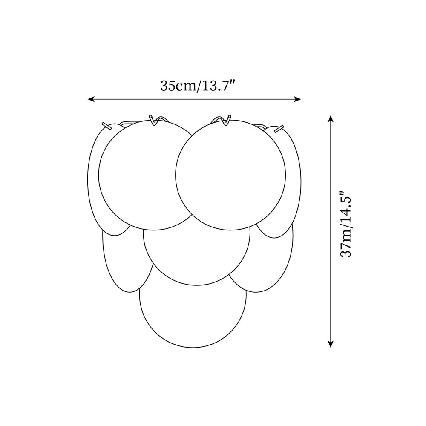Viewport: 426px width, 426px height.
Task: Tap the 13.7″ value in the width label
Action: (217, 86)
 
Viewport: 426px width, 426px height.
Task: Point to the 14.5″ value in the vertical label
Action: (346, 207)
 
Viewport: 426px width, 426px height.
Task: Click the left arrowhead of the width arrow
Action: (91, 99)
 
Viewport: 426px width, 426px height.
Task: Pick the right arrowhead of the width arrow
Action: (298, 99)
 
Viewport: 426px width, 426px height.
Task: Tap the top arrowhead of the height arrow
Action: (331, 118)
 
